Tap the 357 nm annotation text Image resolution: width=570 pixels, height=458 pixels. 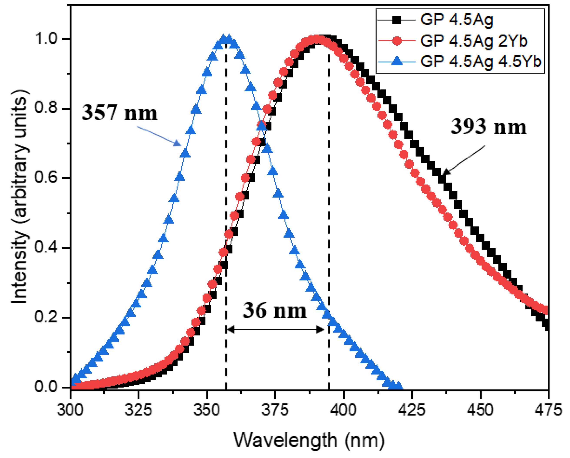pos(120,113)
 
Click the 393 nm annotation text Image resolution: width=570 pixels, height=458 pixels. pos(489,127)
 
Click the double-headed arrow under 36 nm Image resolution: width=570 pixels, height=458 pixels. pos(275,329)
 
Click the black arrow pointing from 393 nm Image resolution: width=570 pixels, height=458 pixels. pos(464,160)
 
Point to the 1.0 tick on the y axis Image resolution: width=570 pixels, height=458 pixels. pos(46,39)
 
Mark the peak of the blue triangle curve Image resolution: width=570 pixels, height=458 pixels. pos(226,39)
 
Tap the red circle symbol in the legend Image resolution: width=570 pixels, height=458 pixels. pos(397,41)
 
